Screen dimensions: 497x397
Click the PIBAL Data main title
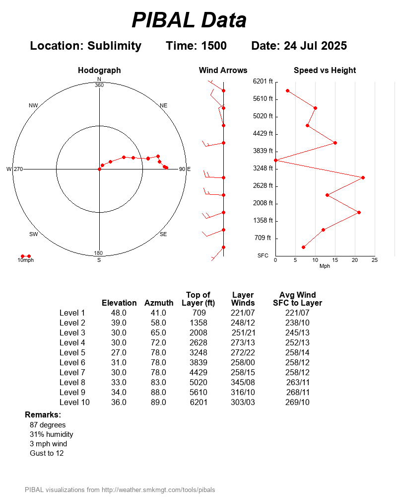pyautogui.click(x=189, y=20)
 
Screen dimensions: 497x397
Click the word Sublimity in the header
pyautogui.click(x=114, y=46)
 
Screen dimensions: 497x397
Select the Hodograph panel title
pyautogui.click(x=99, y=71)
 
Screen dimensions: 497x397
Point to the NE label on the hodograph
pyautogui.click(x=164, y=105)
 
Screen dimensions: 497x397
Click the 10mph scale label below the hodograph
pyautogui.click(x=26, y=260)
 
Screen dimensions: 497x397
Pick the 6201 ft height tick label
pyautogui.click(x=263, y=81)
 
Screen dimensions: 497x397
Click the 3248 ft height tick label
pyautogui.click(x=263, y=168)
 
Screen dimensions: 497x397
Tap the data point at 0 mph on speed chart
pyautogui.click(x=275, y=160)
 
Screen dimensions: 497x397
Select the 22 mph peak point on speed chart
pyautogui.click(x=363, y=177)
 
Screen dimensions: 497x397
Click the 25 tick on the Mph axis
pyautogui.click(x=375, y=260)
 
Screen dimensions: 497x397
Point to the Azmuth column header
pyautogui.click(x=159, y=303)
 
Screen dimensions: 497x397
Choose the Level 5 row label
pyautogui.click(x=72, y=352)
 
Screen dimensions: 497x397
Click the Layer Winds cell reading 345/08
pyautogui.click(x=243, y=382)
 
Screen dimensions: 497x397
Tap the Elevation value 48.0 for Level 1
pyautogui.click(x=119, y=313)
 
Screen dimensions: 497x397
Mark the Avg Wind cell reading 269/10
pyautogui.click(x=298, y=402)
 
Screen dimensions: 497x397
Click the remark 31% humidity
pyautogui.click(x=52, y=434)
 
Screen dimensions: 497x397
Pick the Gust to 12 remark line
pyautogui.click(x=47, y=453)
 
